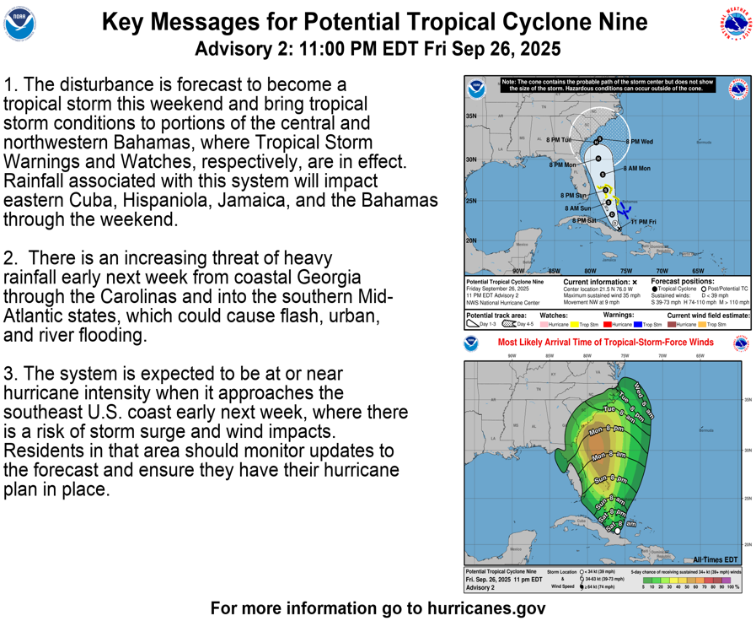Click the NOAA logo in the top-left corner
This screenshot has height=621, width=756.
pos(20,25)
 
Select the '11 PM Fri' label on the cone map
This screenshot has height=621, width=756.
pos(644,222)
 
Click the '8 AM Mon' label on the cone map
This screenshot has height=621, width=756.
pos(637,169)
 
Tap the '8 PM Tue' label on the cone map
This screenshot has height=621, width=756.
pos(559,139)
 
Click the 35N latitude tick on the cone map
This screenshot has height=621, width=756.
pos(471,116)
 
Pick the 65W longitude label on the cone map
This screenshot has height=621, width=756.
pos(698,271)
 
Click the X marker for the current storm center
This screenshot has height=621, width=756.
pos(615,224)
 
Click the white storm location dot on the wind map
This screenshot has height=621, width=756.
pos(617,532)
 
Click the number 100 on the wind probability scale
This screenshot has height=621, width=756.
pos(732,587)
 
